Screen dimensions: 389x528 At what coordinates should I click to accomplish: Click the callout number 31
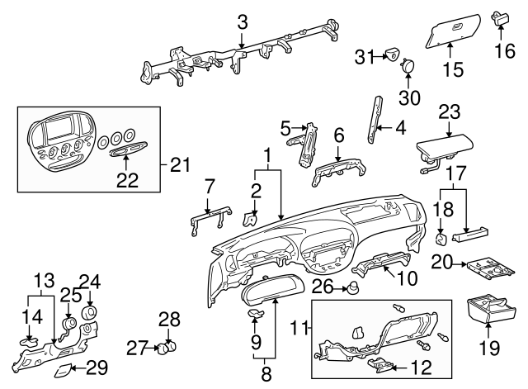pyautogui.click(x=364, y=55)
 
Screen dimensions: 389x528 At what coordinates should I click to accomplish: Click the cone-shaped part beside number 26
pyautogui.click(x=353, y=289)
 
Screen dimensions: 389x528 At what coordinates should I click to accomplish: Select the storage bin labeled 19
pyautogui.click(x=492, y=313)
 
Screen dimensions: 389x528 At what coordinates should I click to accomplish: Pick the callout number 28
pyautogui.click(x=168, y=318)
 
